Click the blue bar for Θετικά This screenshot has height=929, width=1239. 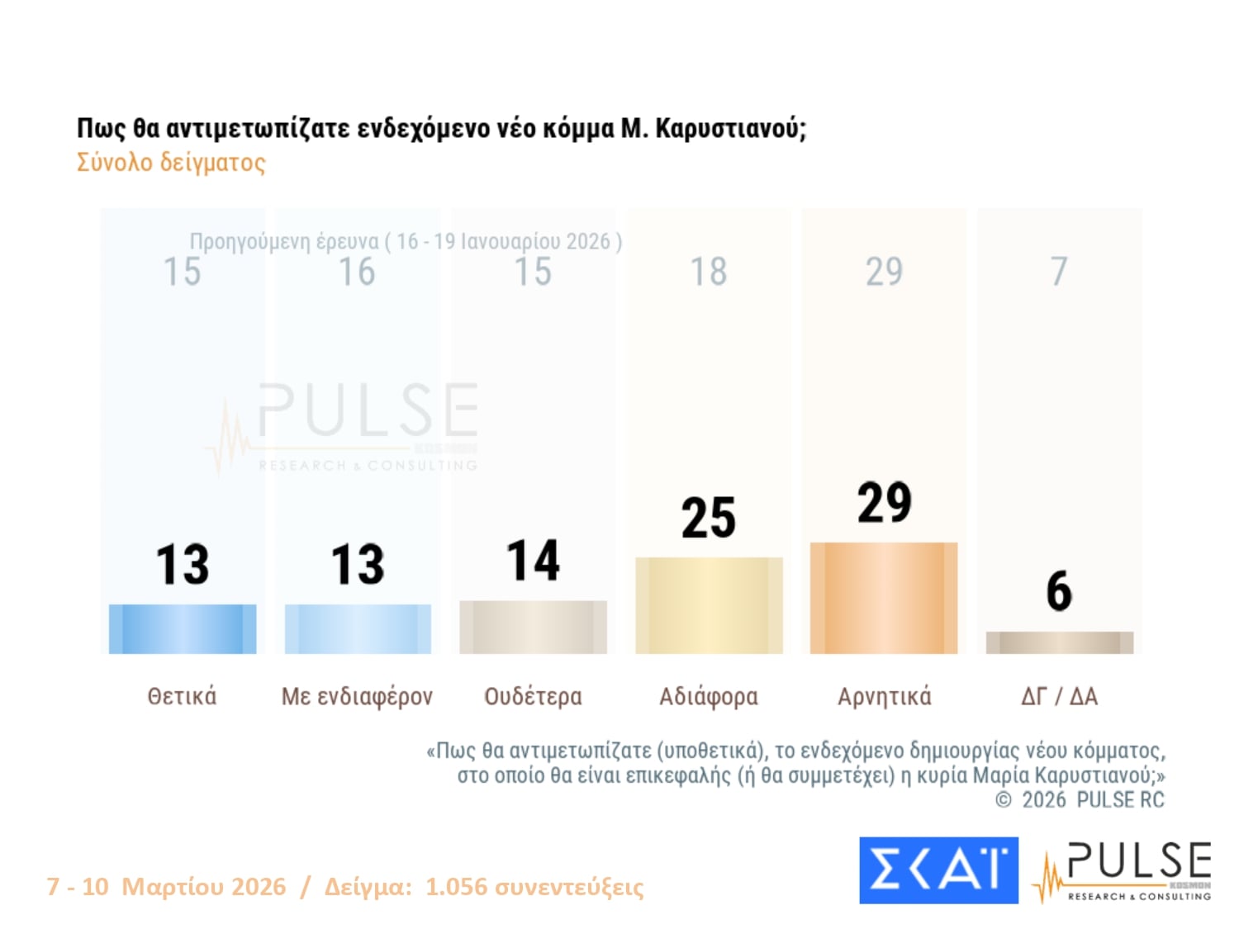[183, 628]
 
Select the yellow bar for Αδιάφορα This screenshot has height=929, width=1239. [709, 605]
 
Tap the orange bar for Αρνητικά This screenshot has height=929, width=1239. [884, 598]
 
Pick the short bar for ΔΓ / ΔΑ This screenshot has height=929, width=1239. [1059, 642]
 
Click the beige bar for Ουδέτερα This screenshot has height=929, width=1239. [533, 627]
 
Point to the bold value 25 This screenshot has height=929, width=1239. [708, 519]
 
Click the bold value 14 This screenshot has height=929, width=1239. [533, 561]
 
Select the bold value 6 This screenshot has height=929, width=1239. [1059, 591]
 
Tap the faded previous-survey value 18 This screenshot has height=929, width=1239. [708, 272]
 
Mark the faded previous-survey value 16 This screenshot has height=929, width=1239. [357, 273]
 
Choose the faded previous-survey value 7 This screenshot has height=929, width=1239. [1059, 272]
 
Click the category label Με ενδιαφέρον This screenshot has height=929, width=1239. [357, 696]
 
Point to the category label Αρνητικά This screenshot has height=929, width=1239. [884, 696]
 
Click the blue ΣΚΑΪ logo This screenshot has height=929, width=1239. [938, 870]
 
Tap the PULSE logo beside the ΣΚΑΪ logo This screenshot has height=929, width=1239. [1123, 871]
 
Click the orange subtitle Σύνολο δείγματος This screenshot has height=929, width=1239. [171, 162]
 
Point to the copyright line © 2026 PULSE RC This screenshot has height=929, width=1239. [1080, 799]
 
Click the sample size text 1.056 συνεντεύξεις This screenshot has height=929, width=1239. [534, 887]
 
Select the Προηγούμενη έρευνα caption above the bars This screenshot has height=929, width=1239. [406, 241]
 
